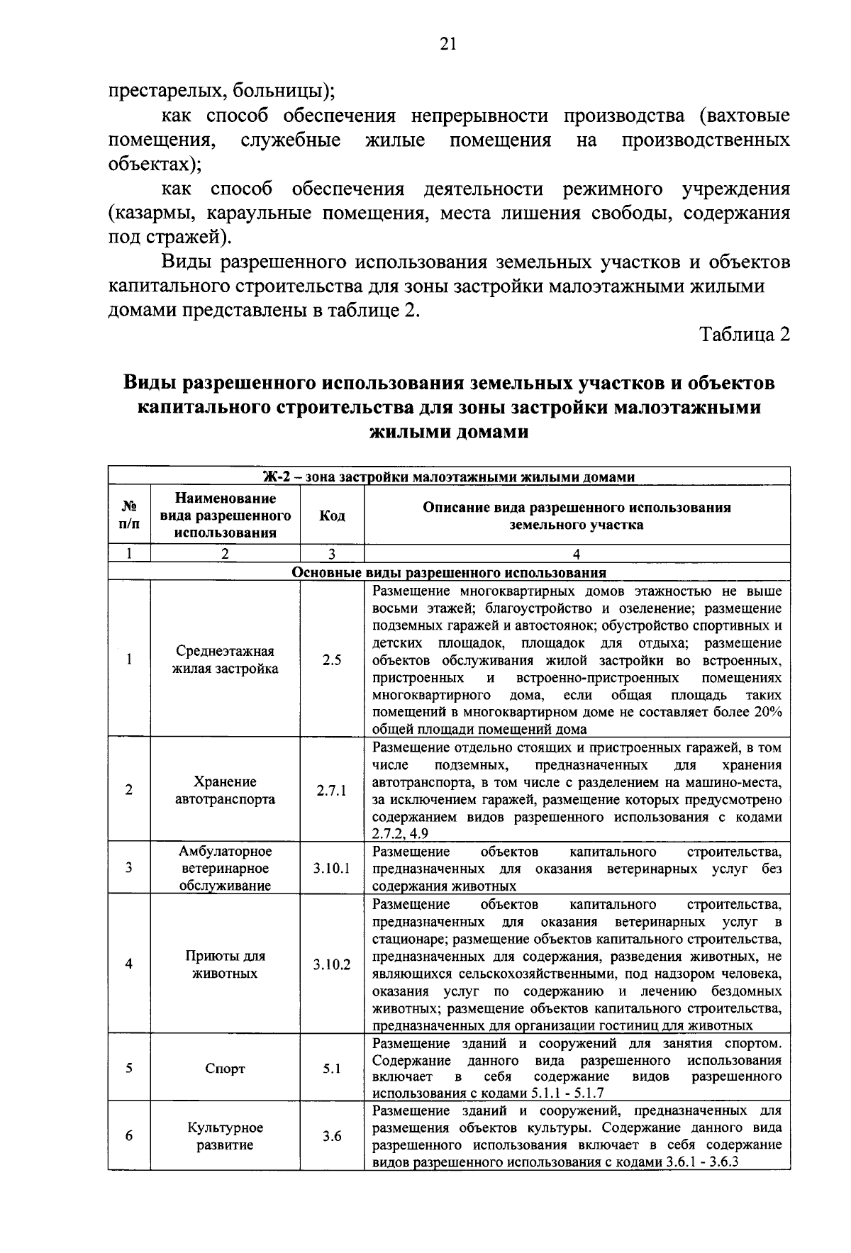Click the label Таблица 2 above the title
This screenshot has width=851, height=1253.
(744, 334)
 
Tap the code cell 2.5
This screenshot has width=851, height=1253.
(332, 659)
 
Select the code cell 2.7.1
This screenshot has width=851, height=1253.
(332, 790)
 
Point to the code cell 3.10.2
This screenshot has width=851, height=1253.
(332, 964)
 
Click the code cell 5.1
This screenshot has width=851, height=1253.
(332, 1069)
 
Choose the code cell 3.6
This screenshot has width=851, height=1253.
(332, 1136)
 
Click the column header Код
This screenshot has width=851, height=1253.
(332, 516)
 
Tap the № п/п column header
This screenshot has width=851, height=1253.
(129, 516)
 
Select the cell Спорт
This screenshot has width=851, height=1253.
(225, 1069)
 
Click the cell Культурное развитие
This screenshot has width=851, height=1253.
(225, 1136)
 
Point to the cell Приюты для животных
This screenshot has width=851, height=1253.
(225, 964)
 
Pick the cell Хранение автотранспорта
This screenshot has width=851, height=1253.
(225, 790)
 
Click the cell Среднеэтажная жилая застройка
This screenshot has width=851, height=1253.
(225, 659)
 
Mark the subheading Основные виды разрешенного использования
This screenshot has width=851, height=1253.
(450, 572)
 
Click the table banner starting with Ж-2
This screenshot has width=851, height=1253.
(450, 477)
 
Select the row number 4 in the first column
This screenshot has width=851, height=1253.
(129, 964)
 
